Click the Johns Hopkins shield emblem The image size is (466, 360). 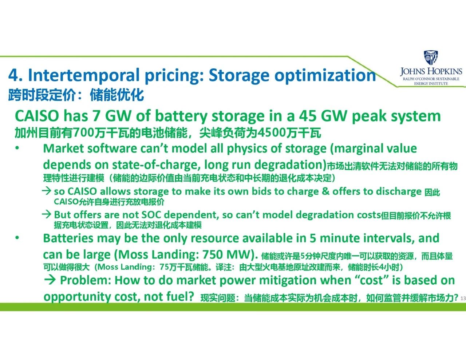[x=431, y=58]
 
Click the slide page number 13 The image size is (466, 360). [x=463, y=298]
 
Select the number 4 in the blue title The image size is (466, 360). [x=13, y=75]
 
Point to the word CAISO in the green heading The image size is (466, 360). [x=37, y=116]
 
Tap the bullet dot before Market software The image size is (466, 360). [x=17, y=149]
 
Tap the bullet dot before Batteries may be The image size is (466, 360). [x=17, y=238]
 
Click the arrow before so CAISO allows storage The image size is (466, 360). [x=47, y=191]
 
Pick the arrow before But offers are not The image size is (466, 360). [x=47, y=214]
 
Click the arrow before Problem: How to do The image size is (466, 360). [x=50, y=280]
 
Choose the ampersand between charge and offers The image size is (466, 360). [x=325, y=191]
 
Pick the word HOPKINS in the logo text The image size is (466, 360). [x=444, y=72]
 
